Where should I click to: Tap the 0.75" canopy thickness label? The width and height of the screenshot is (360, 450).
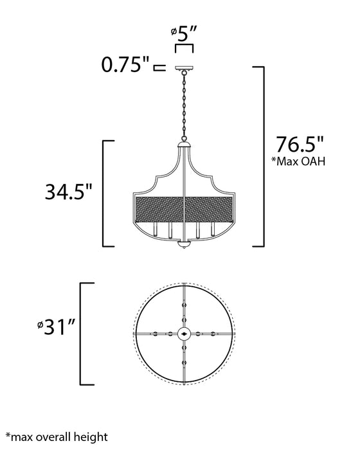tap(125, 64)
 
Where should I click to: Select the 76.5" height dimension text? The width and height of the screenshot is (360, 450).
tap(300, 144)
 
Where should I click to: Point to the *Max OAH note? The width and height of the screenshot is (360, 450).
tap(298, 161)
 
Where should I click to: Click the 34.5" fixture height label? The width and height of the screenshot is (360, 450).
tap(68, 192)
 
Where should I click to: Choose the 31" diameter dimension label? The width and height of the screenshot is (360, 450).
tap(57, 327)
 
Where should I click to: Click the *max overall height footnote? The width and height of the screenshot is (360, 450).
tap(57, 437)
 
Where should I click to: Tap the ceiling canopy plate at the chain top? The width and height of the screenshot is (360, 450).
tap(184, 68)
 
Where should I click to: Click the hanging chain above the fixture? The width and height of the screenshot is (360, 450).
tap(184, 106)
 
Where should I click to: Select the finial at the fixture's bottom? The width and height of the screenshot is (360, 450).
tap(184, 244)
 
